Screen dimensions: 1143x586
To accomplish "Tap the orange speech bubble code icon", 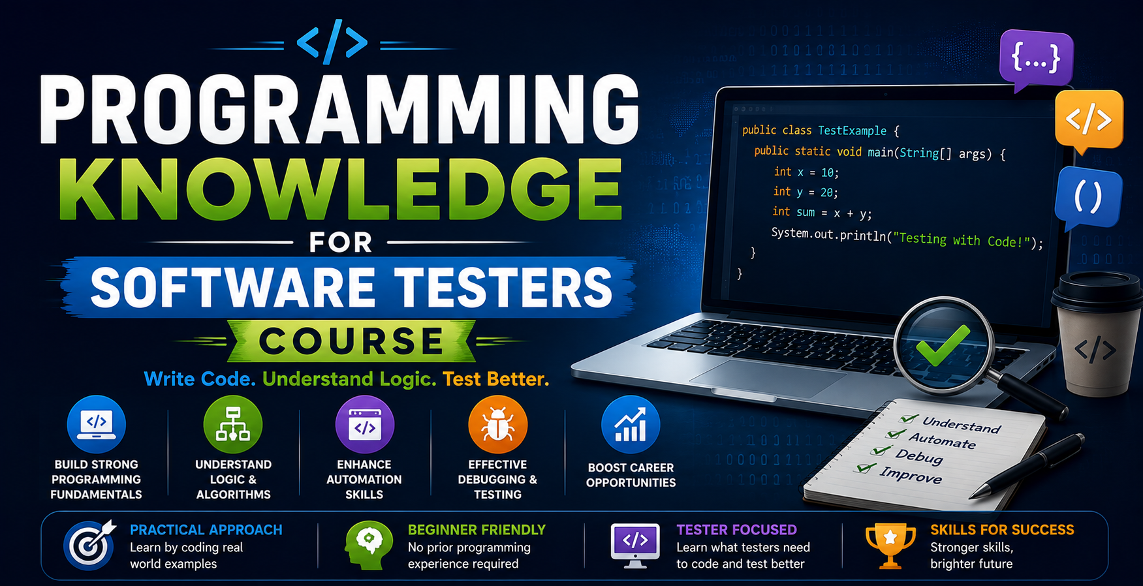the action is click(1089, 120).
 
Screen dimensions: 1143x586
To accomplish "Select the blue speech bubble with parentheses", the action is click(1088, 197).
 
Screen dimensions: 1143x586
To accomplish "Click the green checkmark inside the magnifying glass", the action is click(943, 345).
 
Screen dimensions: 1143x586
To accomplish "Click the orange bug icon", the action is click(497, 425).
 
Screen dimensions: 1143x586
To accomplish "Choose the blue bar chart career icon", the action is click(631, 425).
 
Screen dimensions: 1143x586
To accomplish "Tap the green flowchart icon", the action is click(233, 425).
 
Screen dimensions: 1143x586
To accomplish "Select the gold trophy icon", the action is click(890, 546).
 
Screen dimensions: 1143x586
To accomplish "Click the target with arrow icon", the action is click(90, 545).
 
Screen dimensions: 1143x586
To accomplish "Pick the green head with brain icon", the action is click(369, 546).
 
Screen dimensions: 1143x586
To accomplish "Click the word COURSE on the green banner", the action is click(351, 341).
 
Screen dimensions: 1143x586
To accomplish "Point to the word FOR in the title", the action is click(340, 243).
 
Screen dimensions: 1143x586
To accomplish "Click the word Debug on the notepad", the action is click(919, 456).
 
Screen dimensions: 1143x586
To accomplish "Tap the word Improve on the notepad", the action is click(911, 475).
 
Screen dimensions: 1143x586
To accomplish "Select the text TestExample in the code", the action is click(852, 131).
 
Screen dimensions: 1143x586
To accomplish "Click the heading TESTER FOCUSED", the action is click(736, 530).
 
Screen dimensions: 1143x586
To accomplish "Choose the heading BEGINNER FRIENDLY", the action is click(477, 530).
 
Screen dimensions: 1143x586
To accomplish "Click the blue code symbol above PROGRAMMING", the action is click(332, 42).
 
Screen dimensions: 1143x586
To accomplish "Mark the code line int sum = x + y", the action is click(822, 212).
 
